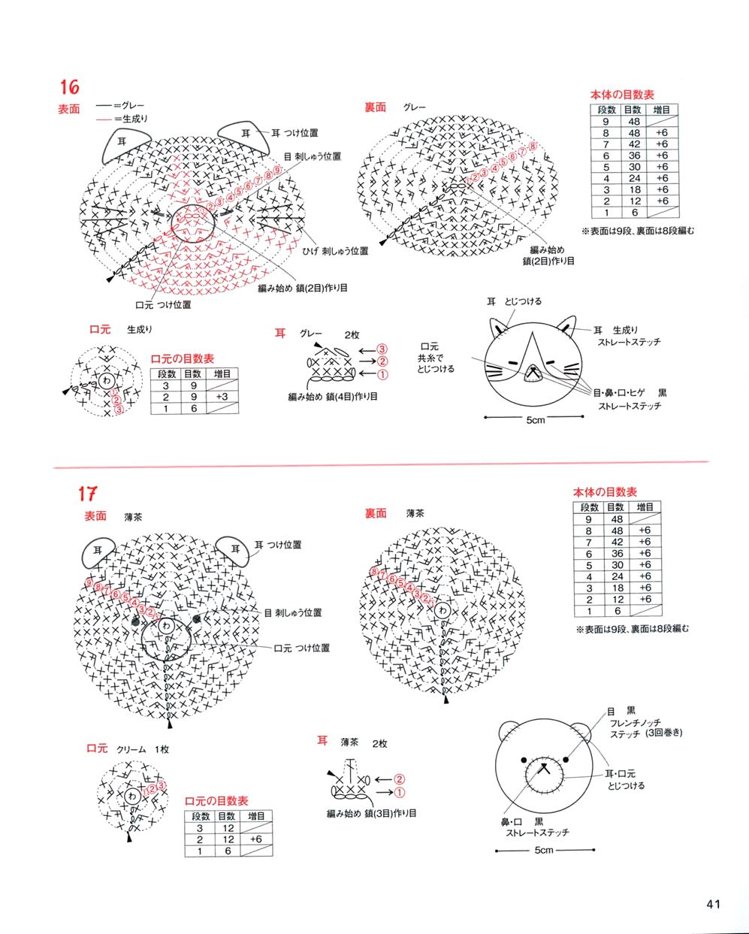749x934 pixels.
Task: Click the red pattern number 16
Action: click(70, 87)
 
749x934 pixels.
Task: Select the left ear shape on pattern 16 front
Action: click(121, 141)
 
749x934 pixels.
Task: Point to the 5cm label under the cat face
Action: click(534, 419)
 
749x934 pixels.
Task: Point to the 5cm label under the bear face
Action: click(544, 850)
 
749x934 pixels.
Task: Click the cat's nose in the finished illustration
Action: click(533, 370)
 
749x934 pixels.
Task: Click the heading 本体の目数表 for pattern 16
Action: click(622, 95)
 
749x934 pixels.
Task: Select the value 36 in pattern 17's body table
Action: click(617, 553)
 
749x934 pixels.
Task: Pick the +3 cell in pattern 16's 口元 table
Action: click(222, 397)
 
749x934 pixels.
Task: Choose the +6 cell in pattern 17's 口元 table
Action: click(255, 839)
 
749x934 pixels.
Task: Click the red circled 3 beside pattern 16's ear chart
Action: click(382, 349)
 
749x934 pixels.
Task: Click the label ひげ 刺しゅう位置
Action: click(335, 250)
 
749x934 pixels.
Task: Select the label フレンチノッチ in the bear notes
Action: click(636, 722)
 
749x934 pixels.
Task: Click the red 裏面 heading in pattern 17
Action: click(375, 513)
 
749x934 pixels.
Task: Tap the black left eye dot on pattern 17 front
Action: click(135, 621)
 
